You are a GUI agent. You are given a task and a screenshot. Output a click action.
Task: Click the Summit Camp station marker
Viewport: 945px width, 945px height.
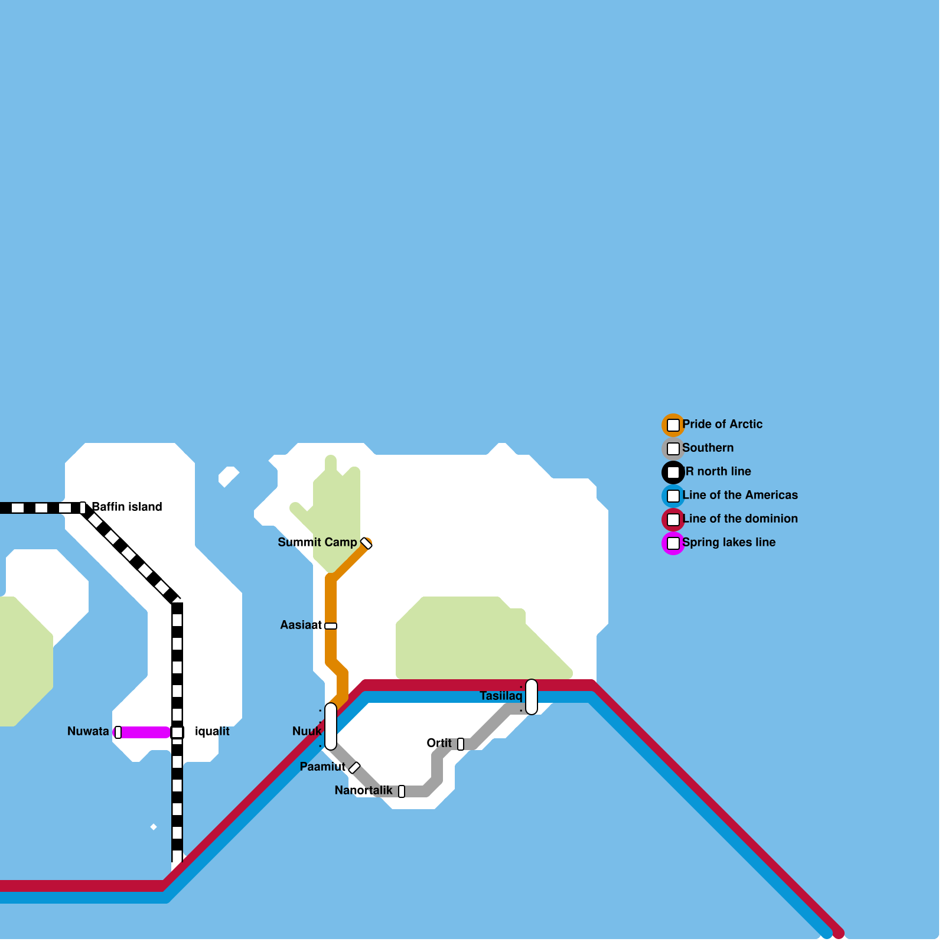(x=366, y=543)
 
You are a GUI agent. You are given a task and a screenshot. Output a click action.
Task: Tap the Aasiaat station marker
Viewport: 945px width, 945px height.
(x=331, y=626)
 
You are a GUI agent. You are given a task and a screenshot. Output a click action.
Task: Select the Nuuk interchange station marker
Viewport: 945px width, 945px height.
(x=331, y=726)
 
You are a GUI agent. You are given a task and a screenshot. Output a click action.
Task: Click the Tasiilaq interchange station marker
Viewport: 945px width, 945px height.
(x=532, y=697)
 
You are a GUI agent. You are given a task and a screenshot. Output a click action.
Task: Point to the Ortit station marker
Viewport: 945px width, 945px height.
(x=461, y=744)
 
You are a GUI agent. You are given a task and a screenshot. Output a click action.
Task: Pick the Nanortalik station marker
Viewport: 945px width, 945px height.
(x=402, y=791)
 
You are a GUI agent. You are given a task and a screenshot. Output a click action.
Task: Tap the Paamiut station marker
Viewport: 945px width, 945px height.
(x=354, y=768)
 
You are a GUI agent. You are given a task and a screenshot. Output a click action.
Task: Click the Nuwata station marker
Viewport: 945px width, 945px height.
(x=118, y=732)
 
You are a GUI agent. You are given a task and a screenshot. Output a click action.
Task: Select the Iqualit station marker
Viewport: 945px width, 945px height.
(x=177, y=732)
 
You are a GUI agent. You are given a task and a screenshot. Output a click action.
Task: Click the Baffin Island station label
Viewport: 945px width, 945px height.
(x=127, y=507)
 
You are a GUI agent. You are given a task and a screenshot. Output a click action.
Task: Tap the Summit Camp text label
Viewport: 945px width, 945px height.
(x=317, y=542)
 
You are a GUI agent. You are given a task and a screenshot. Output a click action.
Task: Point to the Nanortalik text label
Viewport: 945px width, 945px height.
(x=363, y=790)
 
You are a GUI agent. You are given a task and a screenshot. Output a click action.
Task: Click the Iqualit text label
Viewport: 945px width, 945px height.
(x=212, y=731)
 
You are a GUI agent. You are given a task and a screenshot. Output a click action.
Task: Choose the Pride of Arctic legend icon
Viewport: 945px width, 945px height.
(x=673, y=425)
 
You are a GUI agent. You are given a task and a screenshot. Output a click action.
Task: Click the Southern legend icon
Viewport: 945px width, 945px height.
(x=673, y=449)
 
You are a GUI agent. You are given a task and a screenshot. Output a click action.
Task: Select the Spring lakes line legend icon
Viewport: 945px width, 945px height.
(x=673, y=543)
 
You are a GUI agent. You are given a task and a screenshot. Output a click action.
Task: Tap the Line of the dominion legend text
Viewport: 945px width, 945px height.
(x=740, y=519)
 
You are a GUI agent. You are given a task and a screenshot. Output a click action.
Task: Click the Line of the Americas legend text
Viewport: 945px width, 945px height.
(x=740, y=495)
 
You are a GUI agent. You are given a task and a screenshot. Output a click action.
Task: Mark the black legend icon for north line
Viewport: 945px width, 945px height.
(x=673, y=472)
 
